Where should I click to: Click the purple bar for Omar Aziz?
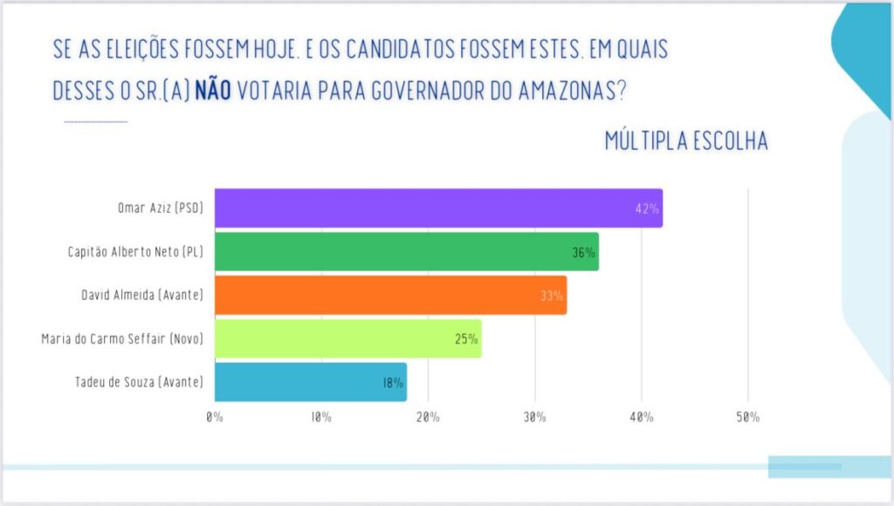click(x=437, y=209)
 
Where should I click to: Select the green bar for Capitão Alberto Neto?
click(x=406, y=251)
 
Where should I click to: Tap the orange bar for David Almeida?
click(x=390, y=295)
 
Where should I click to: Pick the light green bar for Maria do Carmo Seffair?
click(x=347, y=338)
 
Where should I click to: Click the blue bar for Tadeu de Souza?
click(x=310, y=382)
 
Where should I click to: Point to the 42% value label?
click(x=647, y=209)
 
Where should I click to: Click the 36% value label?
click(x=583, y=252)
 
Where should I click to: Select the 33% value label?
click(x=552, y=296)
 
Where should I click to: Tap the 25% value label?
click(x=466, y=339)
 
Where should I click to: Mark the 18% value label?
click(x=391, y=383)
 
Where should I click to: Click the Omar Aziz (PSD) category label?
click(x=160, y=209)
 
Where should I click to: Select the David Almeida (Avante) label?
click(x=141, y=295)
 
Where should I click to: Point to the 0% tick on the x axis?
click(x=215, y=417)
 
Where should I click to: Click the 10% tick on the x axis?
click(x=320, y=417)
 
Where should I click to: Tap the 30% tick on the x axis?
click(x=534, y=417)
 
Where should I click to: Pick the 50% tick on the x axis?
click(x=747, y=417)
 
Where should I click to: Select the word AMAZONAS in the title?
click(x=561, y=91)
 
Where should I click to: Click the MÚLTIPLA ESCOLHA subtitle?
click(x=686, y=141)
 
